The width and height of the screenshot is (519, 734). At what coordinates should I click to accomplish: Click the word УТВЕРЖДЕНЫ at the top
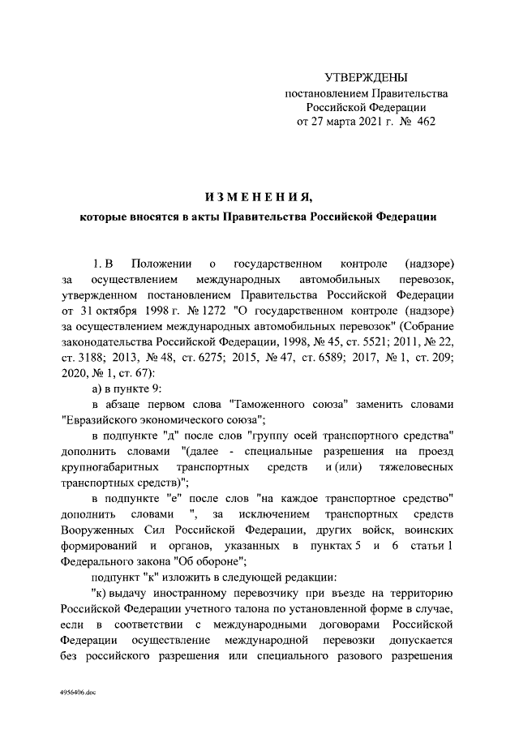[x=365, y=78]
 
